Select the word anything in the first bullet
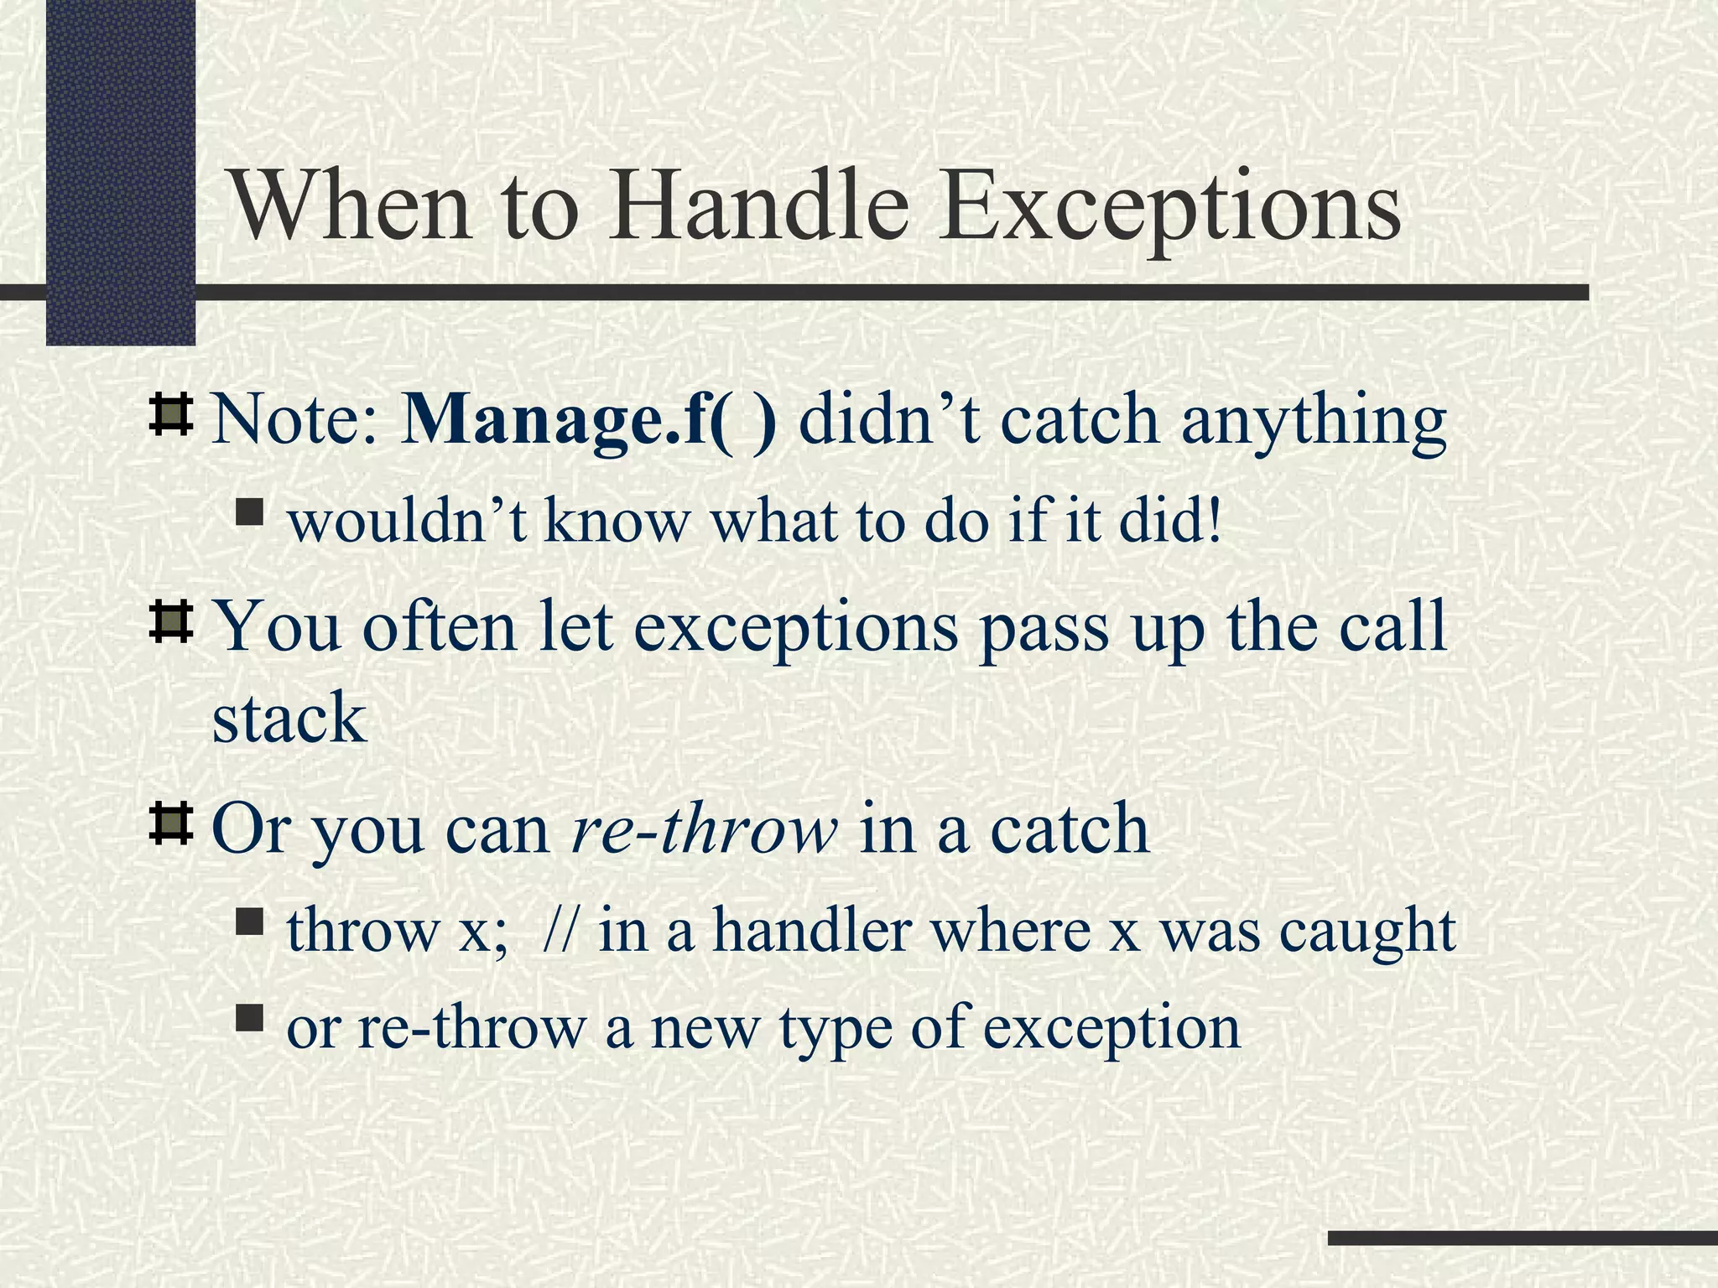point(1314,422)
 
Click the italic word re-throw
point(703,828)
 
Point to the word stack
point(289,718)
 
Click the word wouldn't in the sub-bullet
point(407,521)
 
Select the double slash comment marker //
point(560,930)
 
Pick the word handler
point(811,930)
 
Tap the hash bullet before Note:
point(171,415)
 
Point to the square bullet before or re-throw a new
point(249,1020)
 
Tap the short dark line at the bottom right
point(1522,1238)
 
